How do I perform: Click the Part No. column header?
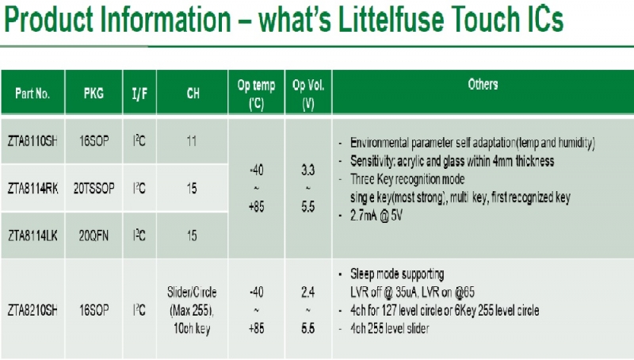(x=32, y=94)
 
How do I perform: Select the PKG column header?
(x=94, y=94)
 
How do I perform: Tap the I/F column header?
(x=139, y=94)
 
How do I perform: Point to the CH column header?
(x=193, y=94)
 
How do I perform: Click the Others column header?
(x=483, y=84)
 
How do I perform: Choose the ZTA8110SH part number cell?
(x=32, y=141)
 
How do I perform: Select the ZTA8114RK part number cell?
(x=32, y=188)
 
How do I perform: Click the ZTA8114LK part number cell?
(x=32, y=236)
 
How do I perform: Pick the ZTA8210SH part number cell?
(x=32, y=310)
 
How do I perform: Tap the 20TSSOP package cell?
(x=94, y=188)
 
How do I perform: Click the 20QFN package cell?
(x=94, y=236)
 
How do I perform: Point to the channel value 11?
(x=192, y=141)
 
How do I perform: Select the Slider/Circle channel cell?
(x=192, y=310)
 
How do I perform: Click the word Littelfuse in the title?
(x=389, y=19)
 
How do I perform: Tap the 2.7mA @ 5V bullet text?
(x=376, y=215)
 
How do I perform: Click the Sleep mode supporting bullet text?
(x=397, y=274)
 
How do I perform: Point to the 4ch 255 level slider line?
(x=389, y=328)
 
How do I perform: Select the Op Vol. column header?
(x=308, y=94)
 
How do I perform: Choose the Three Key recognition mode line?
(x=407, y=179)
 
